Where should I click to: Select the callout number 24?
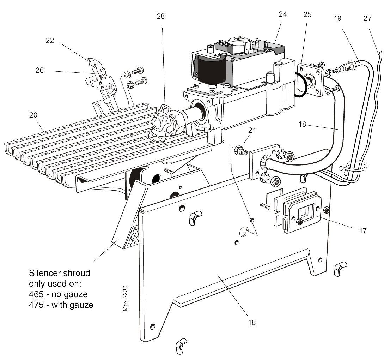(282, 14)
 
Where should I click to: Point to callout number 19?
(337, 18)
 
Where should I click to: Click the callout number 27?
(367, 18)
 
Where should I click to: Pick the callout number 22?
(50, 41)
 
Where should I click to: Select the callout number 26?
(39, 70)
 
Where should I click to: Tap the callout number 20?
(33, 115)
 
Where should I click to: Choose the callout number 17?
(363, 231)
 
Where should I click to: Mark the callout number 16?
(251, 322)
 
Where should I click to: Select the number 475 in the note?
(36, 305)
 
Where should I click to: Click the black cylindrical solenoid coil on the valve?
(212, 71)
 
